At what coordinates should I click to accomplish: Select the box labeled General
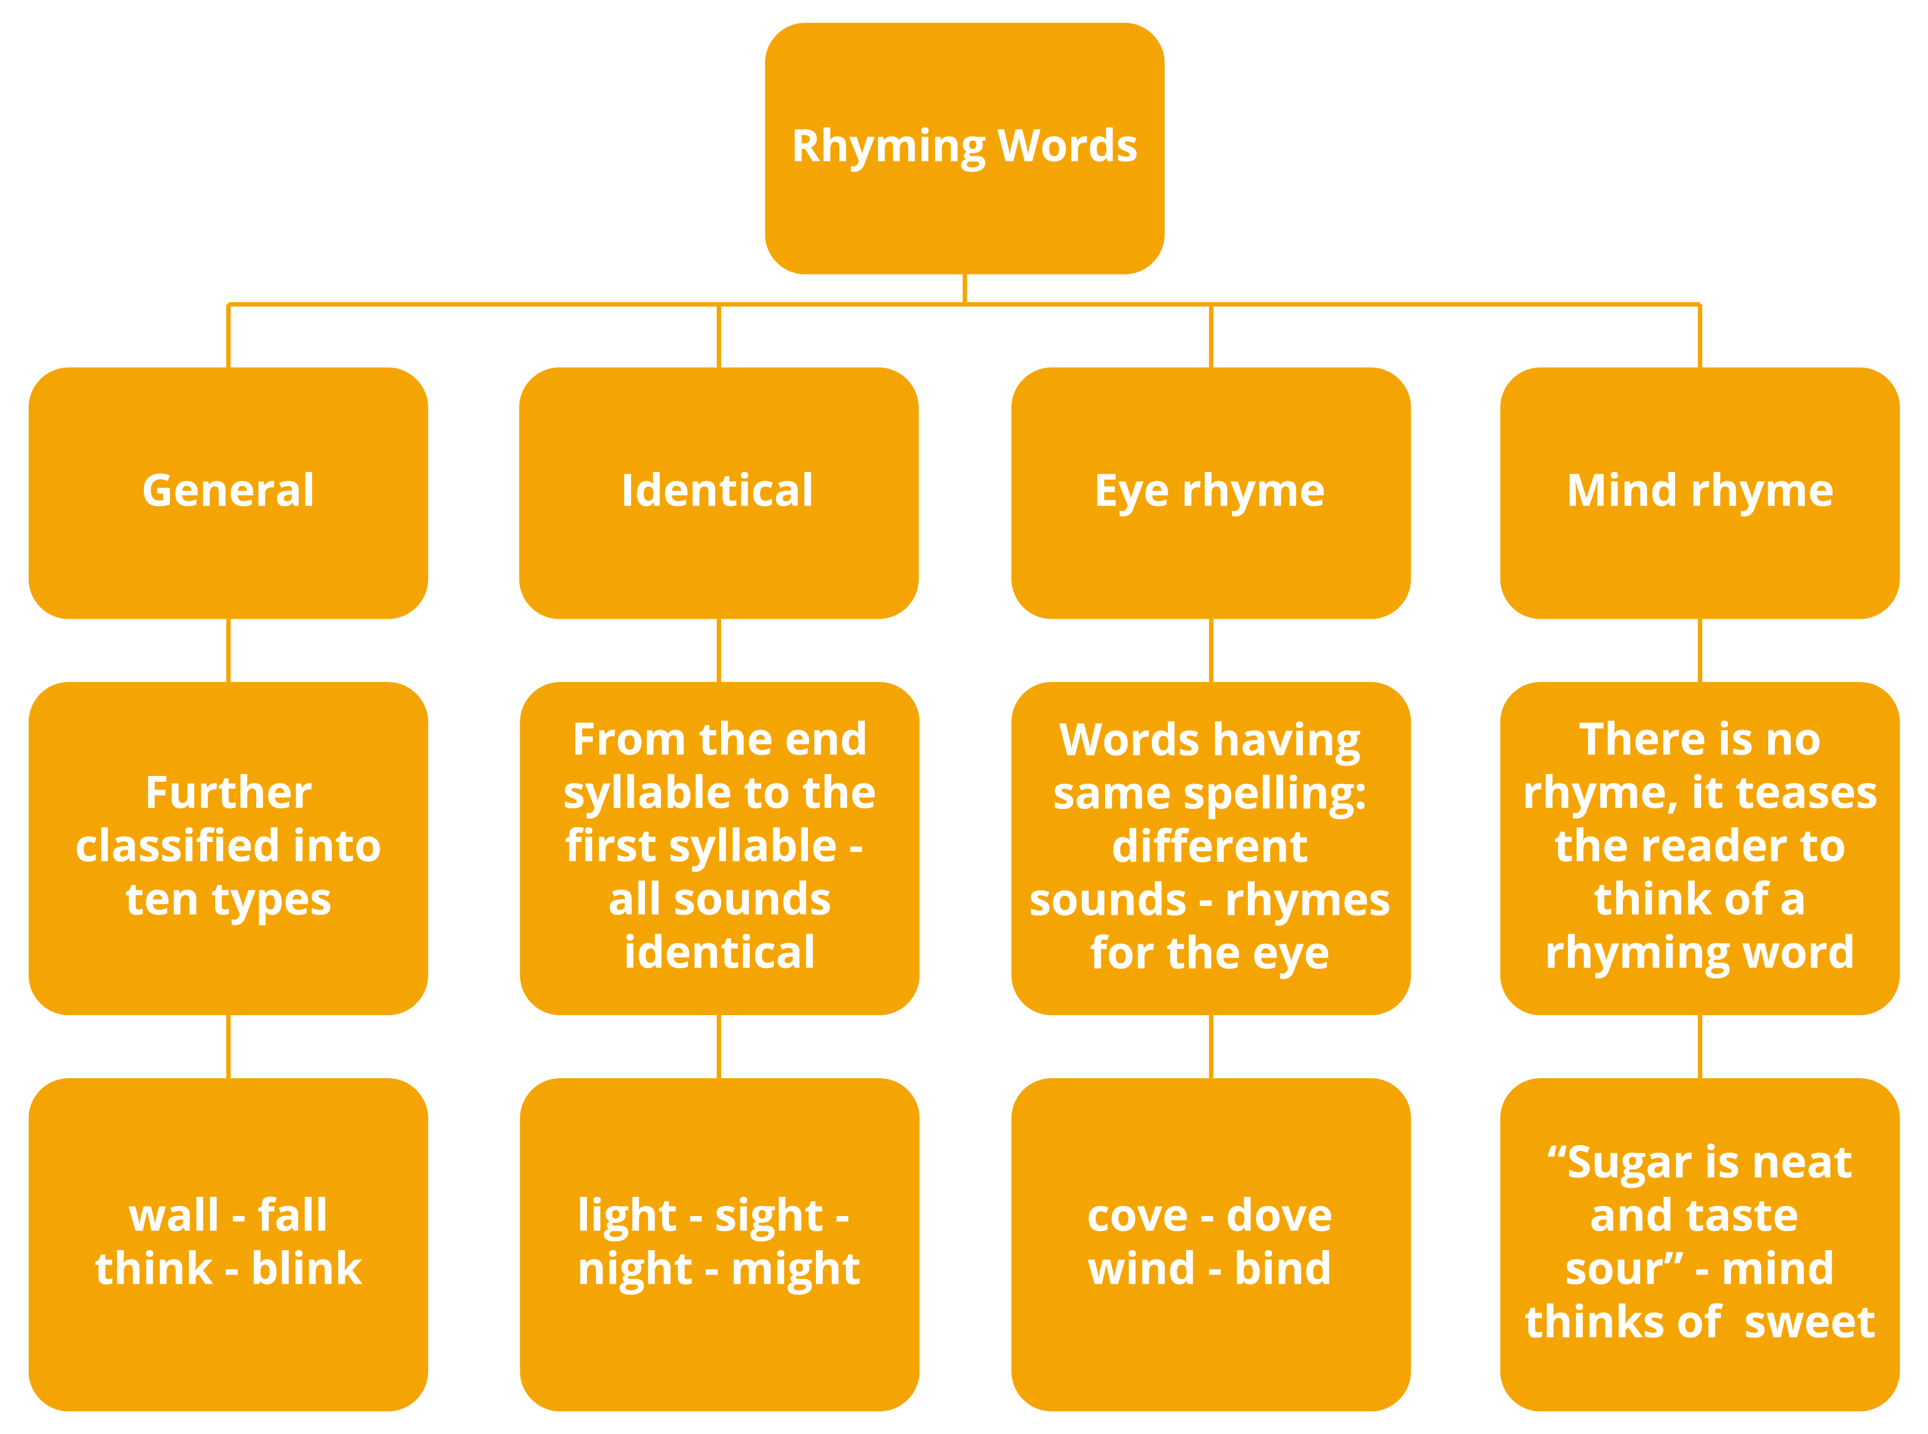point(228,492)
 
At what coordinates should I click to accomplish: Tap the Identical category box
point(718,492)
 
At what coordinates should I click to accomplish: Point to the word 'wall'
point(174,1216)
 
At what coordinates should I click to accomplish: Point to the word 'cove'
point(1137,1216)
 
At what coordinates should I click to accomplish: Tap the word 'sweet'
point(1809,1323)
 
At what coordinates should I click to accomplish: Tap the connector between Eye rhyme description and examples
point(1211,1046)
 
